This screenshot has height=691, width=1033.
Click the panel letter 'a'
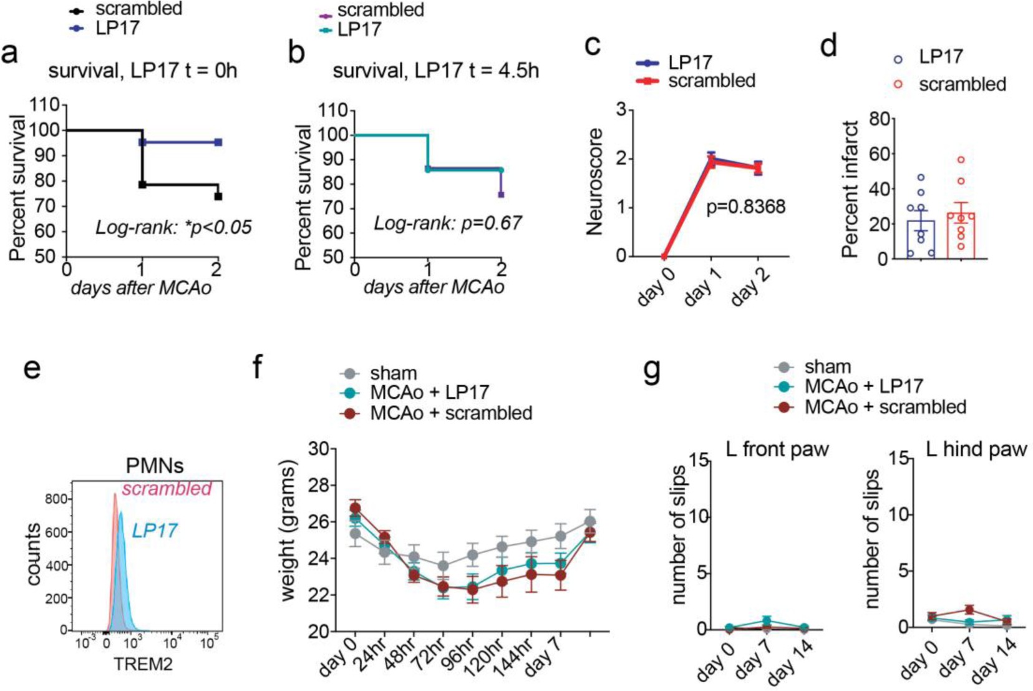10,54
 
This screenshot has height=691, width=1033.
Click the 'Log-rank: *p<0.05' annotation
173,227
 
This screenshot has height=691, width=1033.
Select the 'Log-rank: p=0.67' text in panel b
447,223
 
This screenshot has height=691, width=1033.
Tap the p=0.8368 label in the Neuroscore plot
745,207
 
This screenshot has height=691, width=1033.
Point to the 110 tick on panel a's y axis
47,105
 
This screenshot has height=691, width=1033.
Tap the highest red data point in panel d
961,160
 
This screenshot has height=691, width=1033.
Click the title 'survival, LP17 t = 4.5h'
435,70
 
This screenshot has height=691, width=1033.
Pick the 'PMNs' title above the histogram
155,466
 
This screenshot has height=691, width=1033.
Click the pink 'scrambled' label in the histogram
167,489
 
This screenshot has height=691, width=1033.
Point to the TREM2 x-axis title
143,664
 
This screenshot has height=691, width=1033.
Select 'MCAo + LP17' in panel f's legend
429,393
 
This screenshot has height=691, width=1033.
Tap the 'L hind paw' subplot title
976,449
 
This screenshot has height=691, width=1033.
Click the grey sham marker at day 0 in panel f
356,534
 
